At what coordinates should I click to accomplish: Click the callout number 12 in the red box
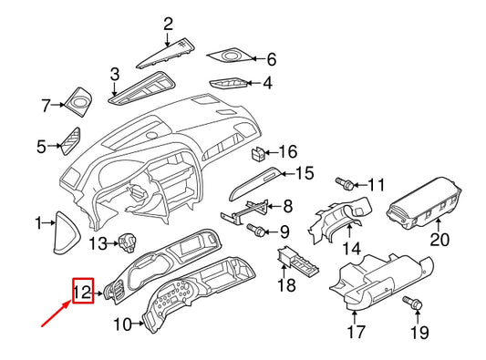[82, 292]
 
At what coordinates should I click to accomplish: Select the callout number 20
[440, 241]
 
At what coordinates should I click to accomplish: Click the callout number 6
[270, 60]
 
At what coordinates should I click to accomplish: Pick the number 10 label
[123, 324]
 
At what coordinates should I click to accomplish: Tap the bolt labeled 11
[346, 184]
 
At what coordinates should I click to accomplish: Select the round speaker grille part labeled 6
[230, 58]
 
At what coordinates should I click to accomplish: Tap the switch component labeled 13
[129, 242]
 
